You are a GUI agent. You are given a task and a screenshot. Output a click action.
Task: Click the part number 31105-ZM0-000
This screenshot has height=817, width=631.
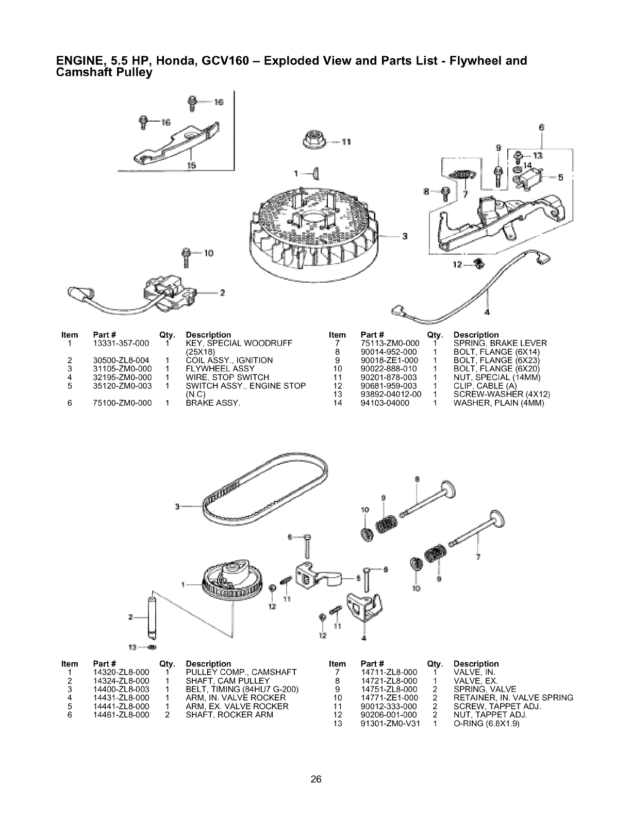[x=122, y=369]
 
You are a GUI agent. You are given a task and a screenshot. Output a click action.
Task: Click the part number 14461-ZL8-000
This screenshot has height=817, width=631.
[x=122, y=715]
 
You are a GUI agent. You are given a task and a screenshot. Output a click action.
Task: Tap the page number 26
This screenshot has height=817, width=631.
[x=315, y=765]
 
